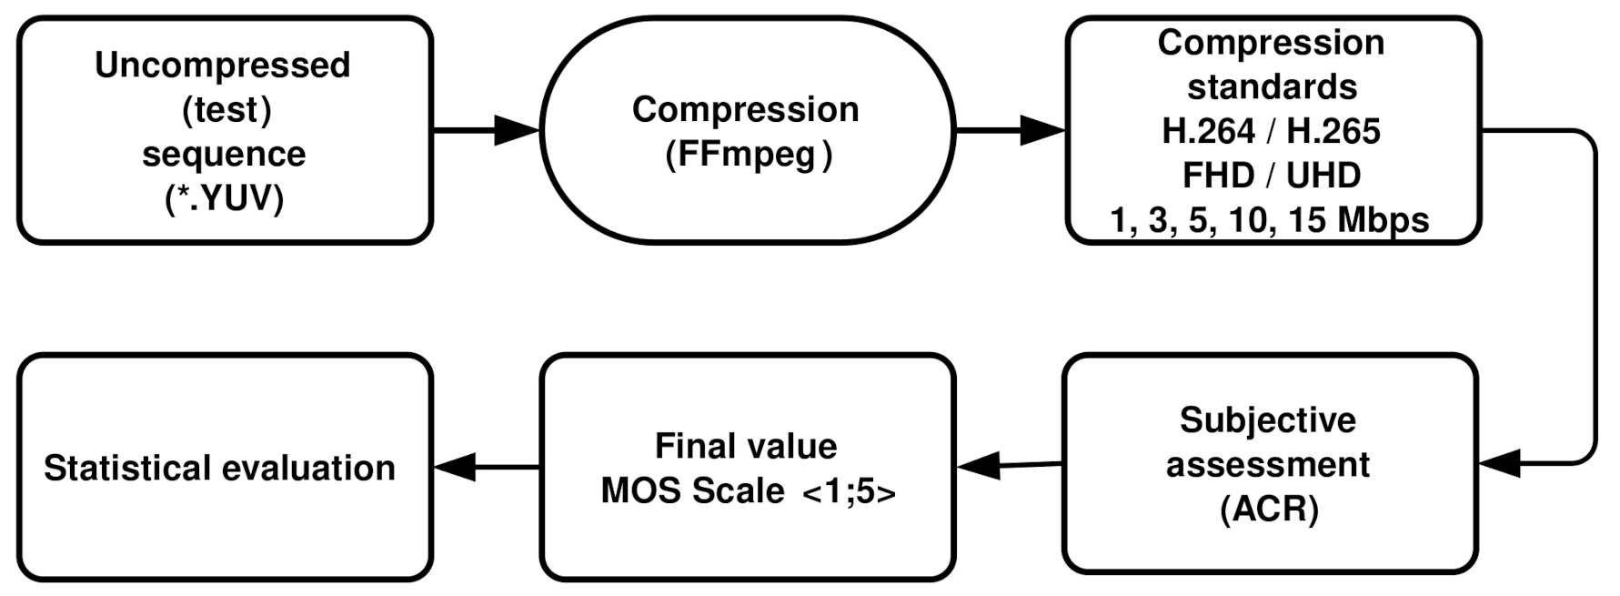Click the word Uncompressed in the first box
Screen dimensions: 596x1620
tap(223, 66)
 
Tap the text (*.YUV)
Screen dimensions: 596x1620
tap(224, 197)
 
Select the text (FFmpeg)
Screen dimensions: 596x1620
tap(748, 154)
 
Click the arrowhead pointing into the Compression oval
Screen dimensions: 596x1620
tap(518, 130)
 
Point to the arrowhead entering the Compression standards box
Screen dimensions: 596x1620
tap(1042, 130)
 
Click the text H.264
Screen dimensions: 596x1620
tap(1208, 131)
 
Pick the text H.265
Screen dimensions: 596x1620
tap(1333, 131)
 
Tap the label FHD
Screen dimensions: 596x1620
tap(1218, 175)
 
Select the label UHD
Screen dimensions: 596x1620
tap(1323, 175)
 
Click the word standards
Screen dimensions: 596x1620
tap(1272, 87)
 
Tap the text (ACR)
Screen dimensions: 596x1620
tap(1269, 509)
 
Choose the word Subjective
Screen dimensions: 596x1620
tap(1268, 420)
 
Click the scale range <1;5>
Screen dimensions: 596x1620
tap(849, 491)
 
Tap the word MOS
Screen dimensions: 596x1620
tap(640, 491)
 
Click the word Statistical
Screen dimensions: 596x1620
tap(126, 469)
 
